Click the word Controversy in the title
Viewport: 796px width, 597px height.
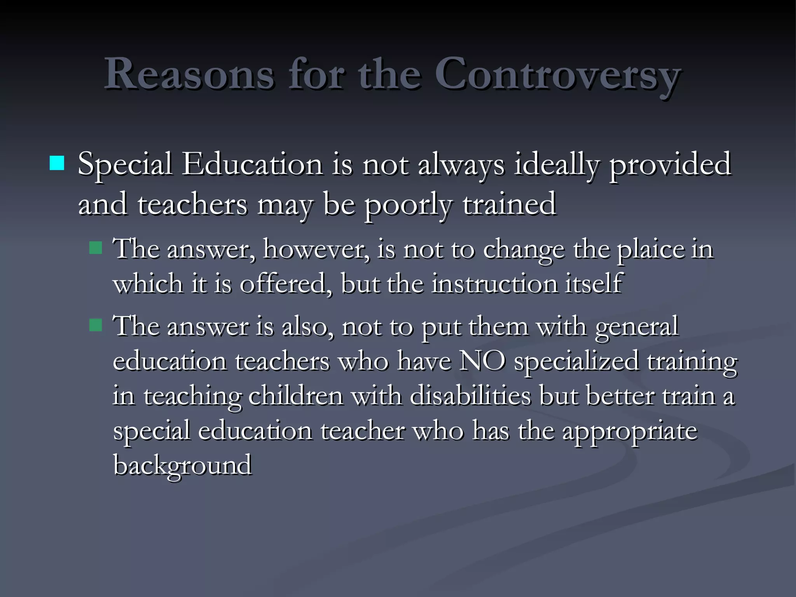557,74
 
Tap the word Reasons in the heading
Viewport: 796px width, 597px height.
189,74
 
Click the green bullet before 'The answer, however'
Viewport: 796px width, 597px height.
95,248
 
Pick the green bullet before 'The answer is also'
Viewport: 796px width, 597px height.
95,325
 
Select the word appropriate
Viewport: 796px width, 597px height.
630,431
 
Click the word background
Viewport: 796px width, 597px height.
182,466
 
